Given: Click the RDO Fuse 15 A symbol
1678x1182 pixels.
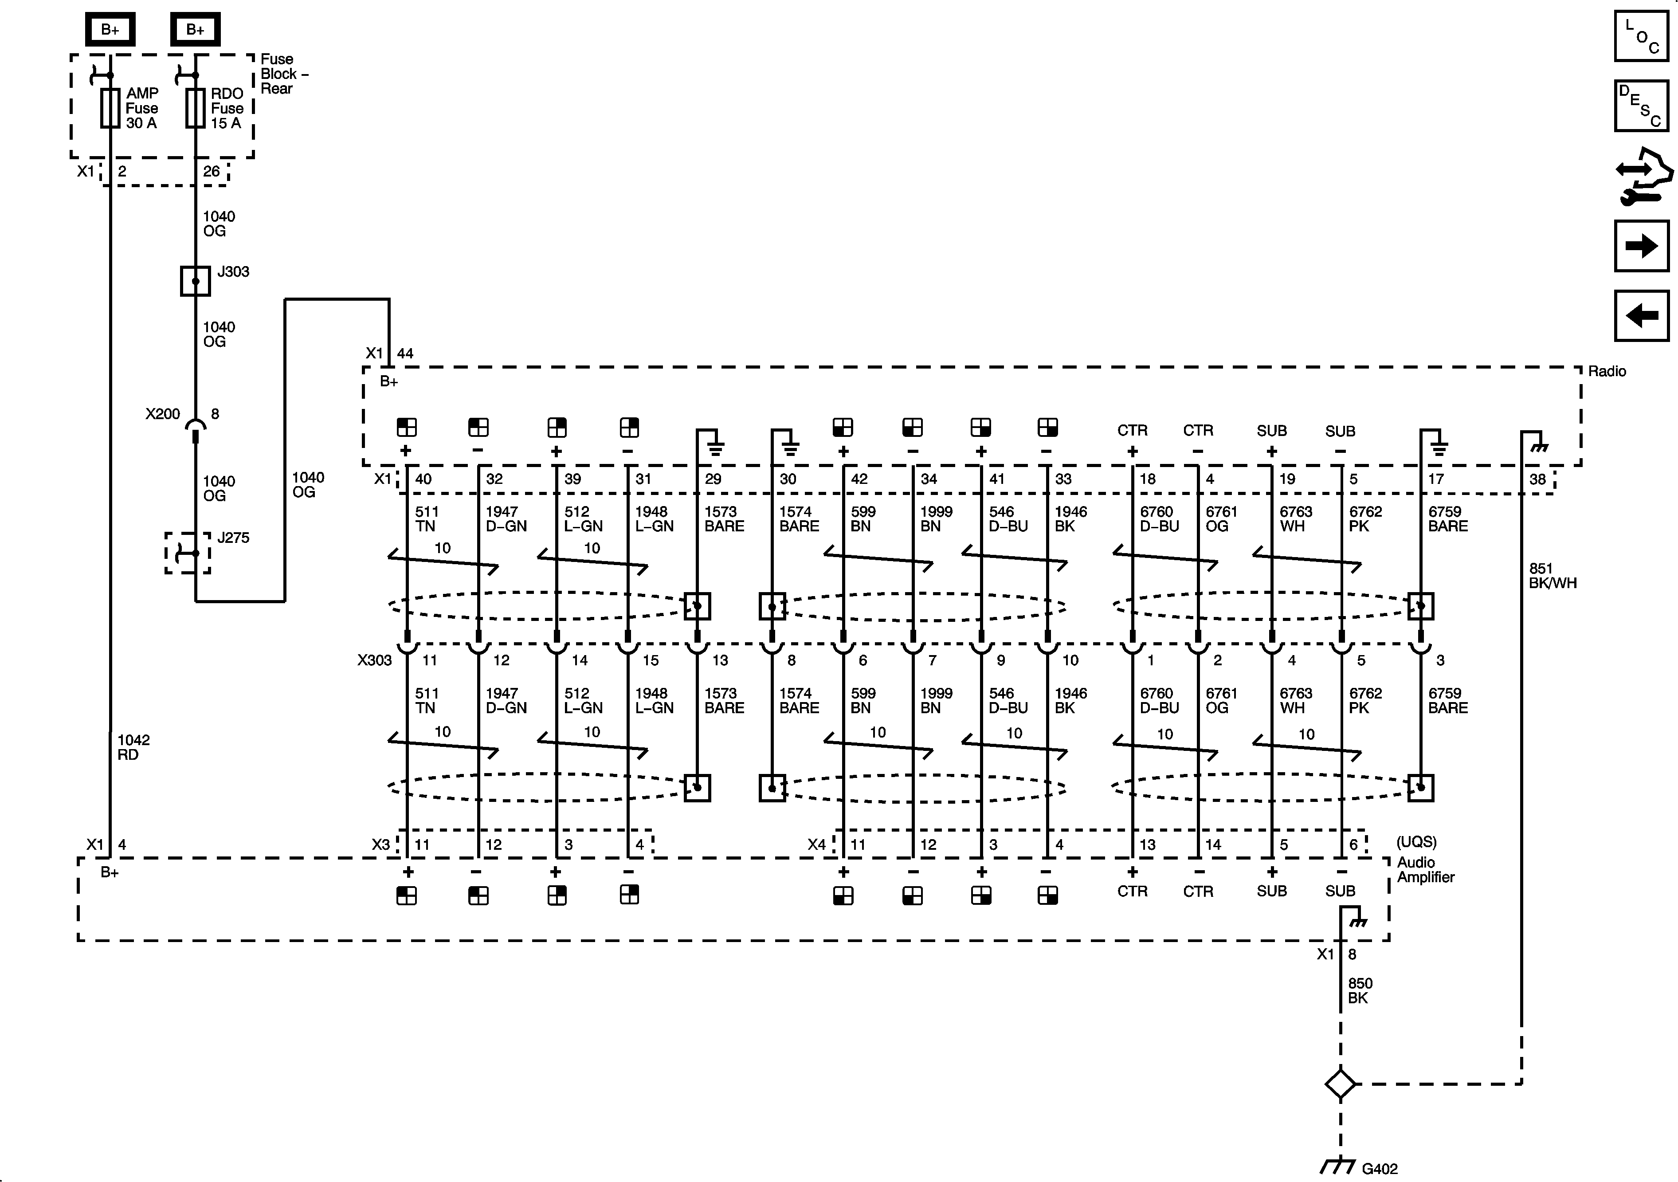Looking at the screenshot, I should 195,108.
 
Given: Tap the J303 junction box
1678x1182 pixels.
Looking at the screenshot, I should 195,281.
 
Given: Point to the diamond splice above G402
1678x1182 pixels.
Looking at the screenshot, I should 1341,1084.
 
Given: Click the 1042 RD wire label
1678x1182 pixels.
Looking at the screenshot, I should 133,747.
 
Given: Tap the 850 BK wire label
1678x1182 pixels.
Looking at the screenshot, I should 1360,990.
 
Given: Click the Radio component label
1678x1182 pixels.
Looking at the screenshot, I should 1606,371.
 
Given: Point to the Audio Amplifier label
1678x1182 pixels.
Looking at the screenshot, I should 1425,869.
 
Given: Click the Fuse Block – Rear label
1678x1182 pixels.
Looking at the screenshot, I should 283,74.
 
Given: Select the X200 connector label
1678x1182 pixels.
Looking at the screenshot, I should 162,414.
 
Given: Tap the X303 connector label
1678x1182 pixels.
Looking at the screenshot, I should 374,660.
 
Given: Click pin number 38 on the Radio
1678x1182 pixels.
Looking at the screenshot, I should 1537,479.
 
